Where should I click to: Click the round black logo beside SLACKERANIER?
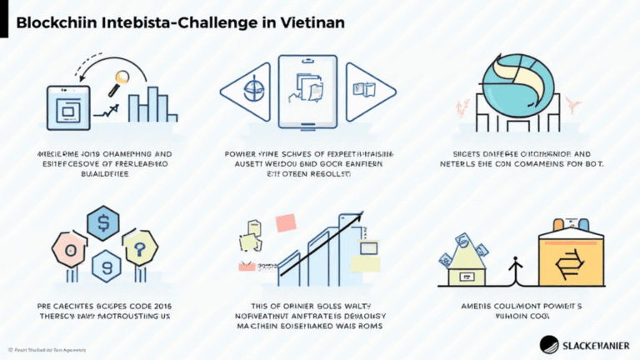point(552,342)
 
